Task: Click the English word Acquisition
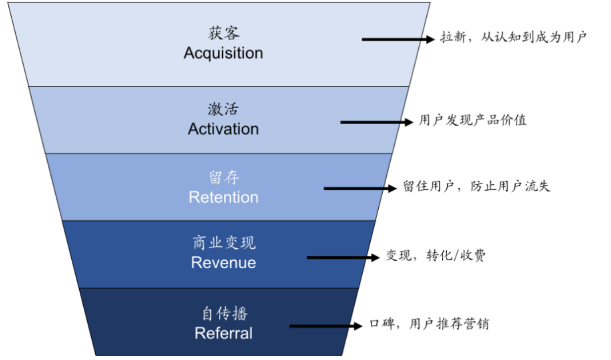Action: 223,53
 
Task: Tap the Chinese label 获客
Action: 223,33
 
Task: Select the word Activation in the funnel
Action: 223,129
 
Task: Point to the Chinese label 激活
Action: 223,109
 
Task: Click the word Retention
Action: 223,197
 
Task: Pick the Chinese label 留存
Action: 223,178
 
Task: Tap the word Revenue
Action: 223,263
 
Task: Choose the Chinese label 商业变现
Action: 224,243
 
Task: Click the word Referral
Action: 223,333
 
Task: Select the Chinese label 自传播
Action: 224,314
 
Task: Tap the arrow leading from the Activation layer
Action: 376,121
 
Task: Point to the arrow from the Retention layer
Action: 360,188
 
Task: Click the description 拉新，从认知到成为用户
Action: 514,37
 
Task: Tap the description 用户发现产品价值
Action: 472,120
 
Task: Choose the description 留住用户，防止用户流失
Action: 477,186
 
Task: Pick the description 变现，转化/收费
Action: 435,256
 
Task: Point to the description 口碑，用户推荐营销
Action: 429,324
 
